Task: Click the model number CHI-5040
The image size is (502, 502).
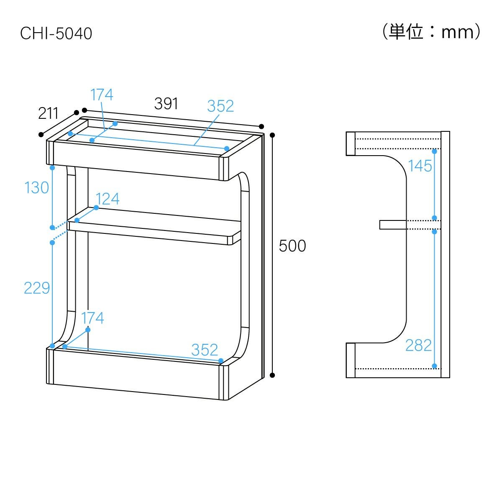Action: point(56,33)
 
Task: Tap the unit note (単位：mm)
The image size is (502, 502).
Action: point(431,32)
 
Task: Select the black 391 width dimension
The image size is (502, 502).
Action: point(166,103)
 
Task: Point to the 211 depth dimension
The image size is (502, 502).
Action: point(48,113)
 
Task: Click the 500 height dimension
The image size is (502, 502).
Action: point(292,246)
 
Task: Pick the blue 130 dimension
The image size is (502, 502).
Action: point(36,187)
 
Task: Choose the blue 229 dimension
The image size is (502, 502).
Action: point(37,288)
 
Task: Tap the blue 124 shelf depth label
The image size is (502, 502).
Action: point(108,199)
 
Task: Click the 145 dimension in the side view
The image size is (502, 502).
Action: point(420,166)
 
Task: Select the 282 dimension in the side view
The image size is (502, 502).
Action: point(419,345)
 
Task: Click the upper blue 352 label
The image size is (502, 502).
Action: point(220,106)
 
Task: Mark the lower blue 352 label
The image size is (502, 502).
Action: point(205,350)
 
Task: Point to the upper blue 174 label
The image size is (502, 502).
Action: point(102,95)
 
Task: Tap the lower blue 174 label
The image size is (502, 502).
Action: point(92,318)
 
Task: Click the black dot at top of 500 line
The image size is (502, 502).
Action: point(272,135)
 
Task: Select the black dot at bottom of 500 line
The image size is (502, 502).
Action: point(272,375)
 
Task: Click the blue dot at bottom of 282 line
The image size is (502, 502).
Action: point(434,366)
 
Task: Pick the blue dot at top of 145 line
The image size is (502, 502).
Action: point(434,151)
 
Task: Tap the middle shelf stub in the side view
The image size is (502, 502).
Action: point(393,225)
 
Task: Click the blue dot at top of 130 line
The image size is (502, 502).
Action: point(52,168)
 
